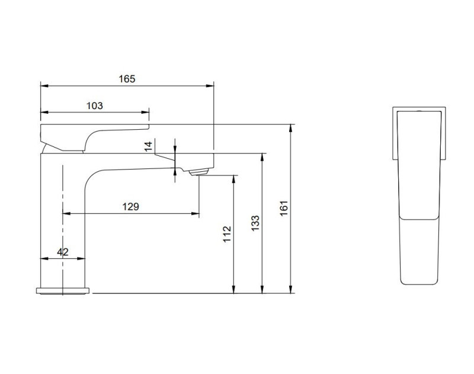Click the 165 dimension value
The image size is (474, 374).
127,78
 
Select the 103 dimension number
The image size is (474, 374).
95,106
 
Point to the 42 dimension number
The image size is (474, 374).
63,252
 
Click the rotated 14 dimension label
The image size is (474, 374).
149,145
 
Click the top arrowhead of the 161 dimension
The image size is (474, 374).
292,127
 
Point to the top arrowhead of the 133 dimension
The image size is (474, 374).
263,156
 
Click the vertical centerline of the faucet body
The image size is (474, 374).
62,225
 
